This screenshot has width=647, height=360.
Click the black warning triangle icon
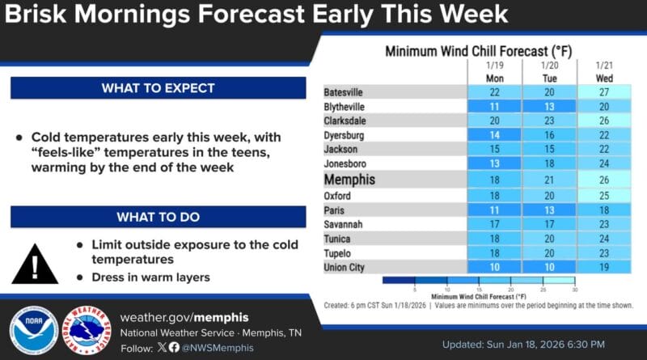tap(35, 261)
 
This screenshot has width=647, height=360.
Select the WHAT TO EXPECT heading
tap(159, 88)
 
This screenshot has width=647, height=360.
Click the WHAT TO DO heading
tap(159, 217)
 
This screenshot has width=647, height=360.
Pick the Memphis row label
tap(349, 180)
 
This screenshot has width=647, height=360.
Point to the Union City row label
tap(346, 267)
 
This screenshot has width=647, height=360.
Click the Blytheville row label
tap(345, 107)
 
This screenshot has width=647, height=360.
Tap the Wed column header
tap(603, 78)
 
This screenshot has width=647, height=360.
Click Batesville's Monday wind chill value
tap(495, 92)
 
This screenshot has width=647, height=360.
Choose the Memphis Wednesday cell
tap(603, 180)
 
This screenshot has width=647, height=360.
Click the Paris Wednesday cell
tap(603, 209)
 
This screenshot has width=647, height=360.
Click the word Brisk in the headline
tap(40, 15)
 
